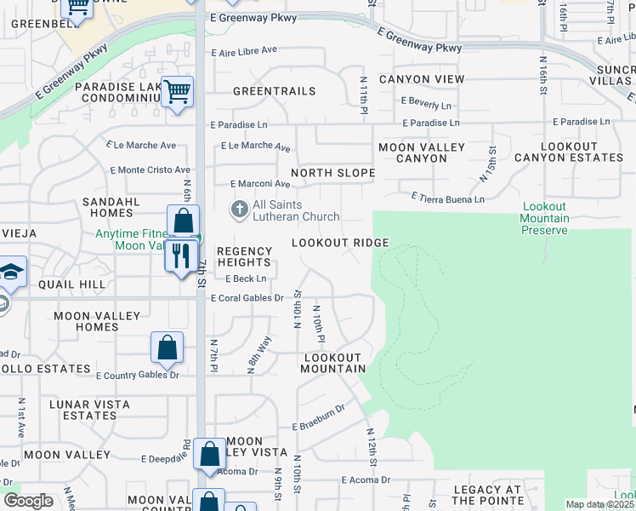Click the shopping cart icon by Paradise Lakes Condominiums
click(177, 90)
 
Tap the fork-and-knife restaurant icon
click(180, 255)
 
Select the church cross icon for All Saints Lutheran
click(240, 209)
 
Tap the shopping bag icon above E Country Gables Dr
click(168, 347)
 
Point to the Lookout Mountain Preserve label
click(545, 219)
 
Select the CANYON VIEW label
click(422, 79)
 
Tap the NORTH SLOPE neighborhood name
click(332, 173)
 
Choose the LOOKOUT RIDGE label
click(340, 243)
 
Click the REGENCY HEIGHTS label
click(244, 257)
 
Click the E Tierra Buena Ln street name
click(447, 198)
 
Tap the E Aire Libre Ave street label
click(244, 50)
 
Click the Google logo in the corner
click(28, 501)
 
